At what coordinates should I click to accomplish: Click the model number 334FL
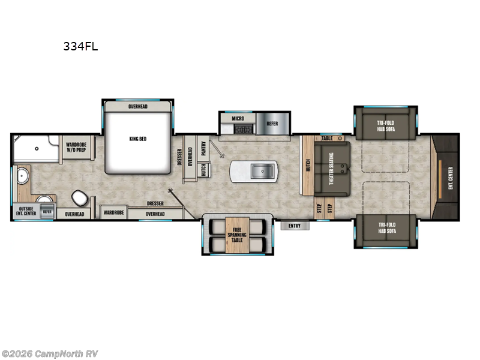tap(80, 46)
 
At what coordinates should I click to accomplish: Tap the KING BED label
tap(138, 139)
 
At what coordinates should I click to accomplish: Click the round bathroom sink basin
tap(23, 176)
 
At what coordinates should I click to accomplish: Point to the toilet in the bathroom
tap(79, 197)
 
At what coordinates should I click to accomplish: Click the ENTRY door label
tap(295, 226)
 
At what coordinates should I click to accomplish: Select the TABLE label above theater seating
tap(327, 138)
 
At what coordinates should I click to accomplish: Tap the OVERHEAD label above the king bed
tap(138, 107)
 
